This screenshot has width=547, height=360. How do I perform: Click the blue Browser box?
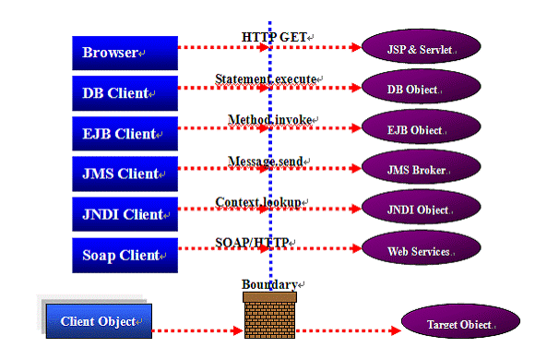coord(125,53)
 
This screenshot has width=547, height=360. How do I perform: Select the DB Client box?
coord(125,93)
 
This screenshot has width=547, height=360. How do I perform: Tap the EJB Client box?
coord(125,134)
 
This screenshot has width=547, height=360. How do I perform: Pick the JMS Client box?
coord(125,174)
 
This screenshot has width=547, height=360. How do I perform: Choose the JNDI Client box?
coord(125,214)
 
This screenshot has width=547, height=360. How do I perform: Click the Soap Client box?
coord(125,256)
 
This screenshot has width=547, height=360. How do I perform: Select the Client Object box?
coord(99,321)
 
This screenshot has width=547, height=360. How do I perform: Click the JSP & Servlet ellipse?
coord(421,47)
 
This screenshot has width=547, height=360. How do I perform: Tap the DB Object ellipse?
coord(421,87)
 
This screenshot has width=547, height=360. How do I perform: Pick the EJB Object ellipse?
coord(421,127)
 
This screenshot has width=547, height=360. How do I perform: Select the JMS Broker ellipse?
coord(421,167)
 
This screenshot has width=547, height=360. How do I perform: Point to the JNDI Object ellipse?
coord(421,208)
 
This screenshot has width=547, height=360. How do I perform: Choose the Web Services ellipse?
coord(421,248)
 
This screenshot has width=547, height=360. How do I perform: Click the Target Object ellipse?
coord(461,321)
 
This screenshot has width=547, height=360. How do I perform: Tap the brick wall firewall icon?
coord(269,316)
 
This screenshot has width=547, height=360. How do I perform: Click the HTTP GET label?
coord(274,37)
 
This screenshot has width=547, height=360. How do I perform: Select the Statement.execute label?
coord(266,78)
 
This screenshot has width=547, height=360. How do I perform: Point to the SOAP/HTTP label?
coord(252,243)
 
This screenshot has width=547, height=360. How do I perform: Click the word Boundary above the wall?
coord(269,284)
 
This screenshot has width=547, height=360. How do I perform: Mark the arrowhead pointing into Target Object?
coord(396,330)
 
